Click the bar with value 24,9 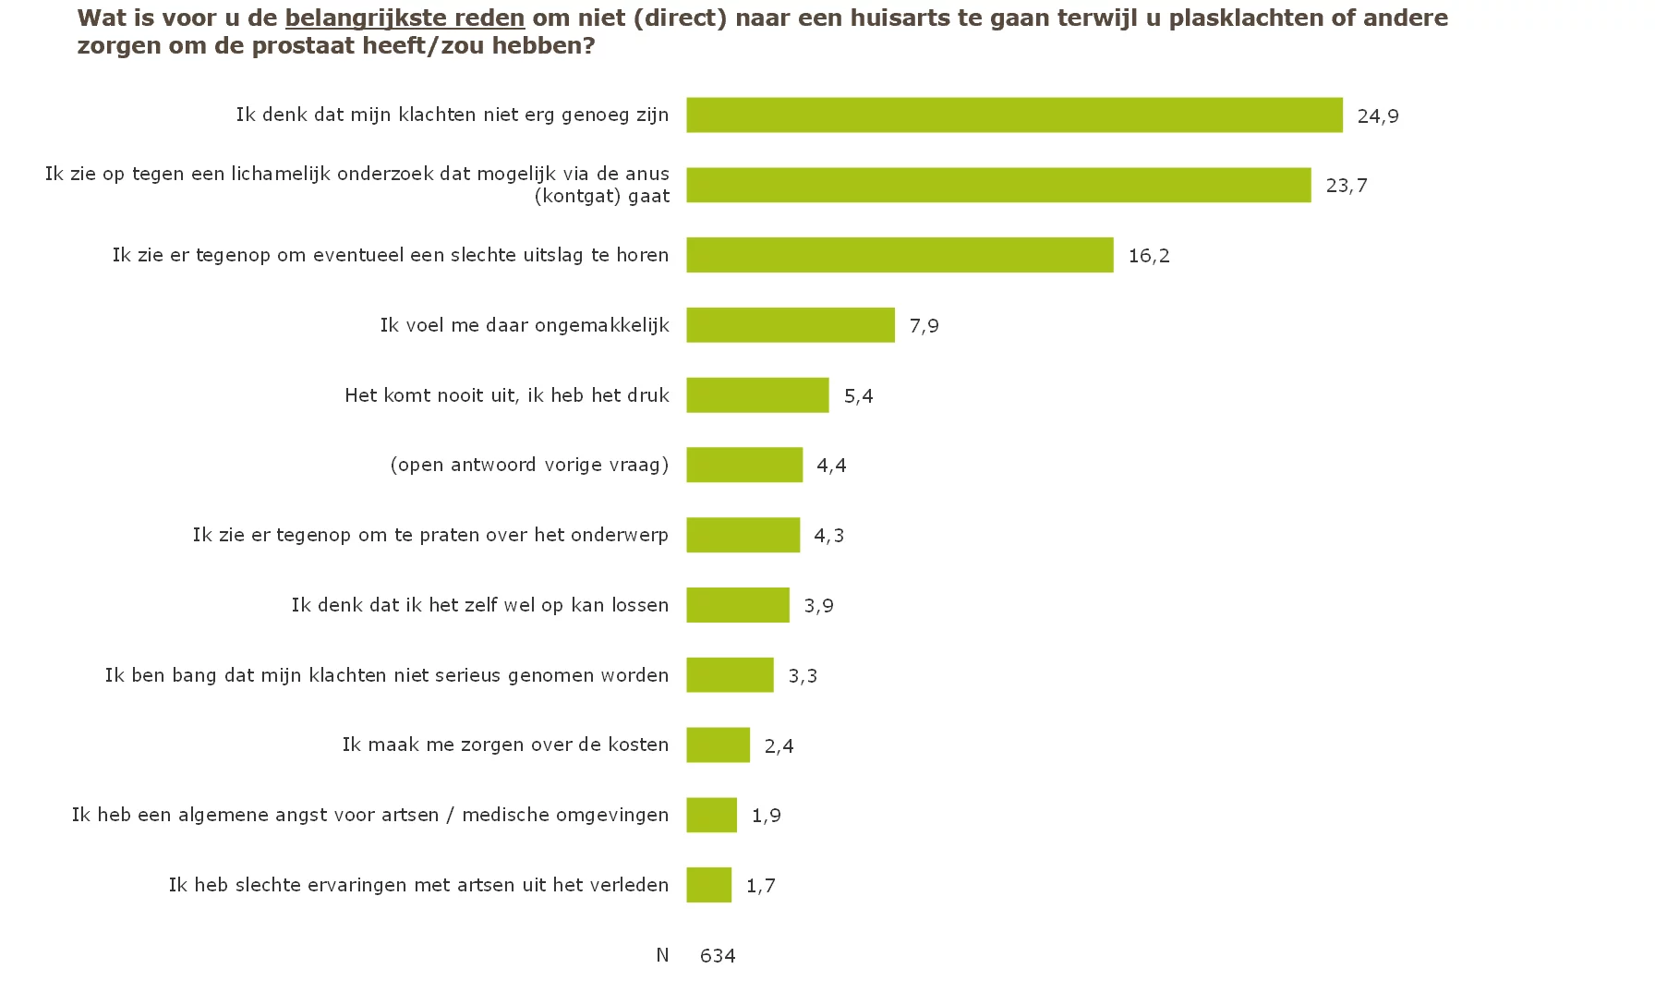click(x=1013, y=115)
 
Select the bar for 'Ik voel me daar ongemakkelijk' click(x=790, y=325)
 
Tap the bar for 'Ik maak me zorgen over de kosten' click(x=718, y=745)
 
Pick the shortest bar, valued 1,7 click(x=708, y=885)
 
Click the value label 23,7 click(x=1346, y=186)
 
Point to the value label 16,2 click(x=1148, y=256)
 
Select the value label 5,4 click(x=858, y=395)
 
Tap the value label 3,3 click(x=802, y=675)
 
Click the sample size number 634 click(x=718, y=955)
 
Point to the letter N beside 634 click(x=662, y=955)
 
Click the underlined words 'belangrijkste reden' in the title click(x=405, y=18)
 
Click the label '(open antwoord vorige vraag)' click(x=529, y=465)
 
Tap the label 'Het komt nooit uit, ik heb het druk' click(x=507, y=395)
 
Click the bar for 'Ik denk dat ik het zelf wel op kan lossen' click(x=737, y=605)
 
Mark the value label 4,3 click(x=828, y=535)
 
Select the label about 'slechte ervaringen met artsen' click(x=418, y=885)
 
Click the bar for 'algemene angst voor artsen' click(x=711, y=815)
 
